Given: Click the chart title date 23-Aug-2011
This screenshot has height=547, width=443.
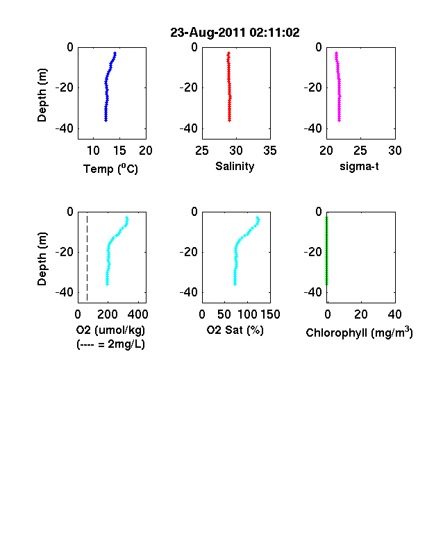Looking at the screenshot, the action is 208,33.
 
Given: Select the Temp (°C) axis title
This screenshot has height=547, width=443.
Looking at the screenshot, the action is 110,169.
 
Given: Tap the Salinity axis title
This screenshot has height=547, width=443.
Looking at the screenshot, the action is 235,167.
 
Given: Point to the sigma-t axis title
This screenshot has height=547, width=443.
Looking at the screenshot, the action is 359,167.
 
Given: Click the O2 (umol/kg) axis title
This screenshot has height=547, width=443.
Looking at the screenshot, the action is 110,330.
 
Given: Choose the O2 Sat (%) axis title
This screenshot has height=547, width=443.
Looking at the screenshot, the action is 235,330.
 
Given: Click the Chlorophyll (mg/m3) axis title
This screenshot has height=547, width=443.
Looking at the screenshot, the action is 359,333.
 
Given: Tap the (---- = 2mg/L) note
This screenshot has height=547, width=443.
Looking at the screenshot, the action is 110,344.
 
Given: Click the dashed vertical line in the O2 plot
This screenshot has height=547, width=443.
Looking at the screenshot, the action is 87,258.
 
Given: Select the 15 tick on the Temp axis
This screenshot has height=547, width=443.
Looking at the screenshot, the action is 119,151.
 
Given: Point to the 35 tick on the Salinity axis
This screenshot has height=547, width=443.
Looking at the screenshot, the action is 270,151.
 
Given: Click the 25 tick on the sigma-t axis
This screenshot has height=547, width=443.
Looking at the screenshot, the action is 360,151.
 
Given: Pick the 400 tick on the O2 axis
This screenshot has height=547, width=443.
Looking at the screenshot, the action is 137,314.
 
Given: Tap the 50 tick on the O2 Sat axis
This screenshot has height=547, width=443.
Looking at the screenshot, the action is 224,314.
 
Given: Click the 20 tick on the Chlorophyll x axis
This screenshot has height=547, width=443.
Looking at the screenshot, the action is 360,314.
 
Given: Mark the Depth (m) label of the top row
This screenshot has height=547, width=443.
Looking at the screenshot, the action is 42,95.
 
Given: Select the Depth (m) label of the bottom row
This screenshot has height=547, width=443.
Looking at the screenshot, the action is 42,259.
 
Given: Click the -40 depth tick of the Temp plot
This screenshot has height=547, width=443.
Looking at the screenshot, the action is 64,128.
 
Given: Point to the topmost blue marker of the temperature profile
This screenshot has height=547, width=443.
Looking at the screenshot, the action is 115,53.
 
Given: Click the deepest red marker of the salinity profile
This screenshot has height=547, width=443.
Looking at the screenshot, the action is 230,120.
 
